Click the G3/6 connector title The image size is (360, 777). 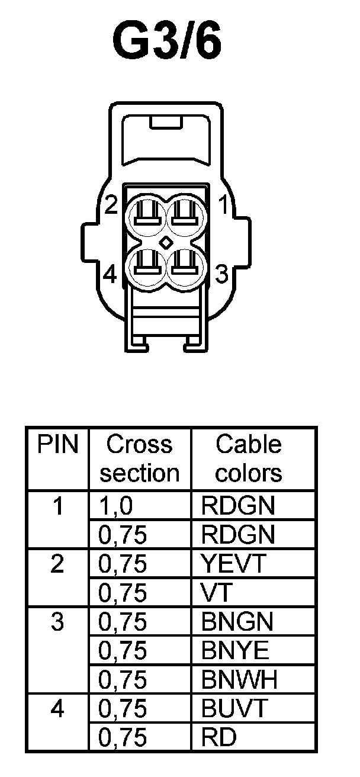(x=168, y=43)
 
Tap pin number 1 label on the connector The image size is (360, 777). (x=224, y=206)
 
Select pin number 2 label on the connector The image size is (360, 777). (x=111, y=206)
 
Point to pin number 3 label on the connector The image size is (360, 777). (x=221, y=275)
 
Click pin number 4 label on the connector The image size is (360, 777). (x=110, y=275)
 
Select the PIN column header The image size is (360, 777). (x=57, y=444)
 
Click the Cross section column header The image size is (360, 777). (x=139, y=458)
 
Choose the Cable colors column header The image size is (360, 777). (x=249, y=458)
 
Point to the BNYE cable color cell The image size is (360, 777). (x=236, y=651)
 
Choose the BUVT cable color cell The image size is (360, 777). (x=235, y=708)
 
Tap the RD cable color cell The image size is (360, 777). (x=218, y=737)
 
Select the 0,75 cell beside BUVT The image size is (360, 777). (x=123, y=708)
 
